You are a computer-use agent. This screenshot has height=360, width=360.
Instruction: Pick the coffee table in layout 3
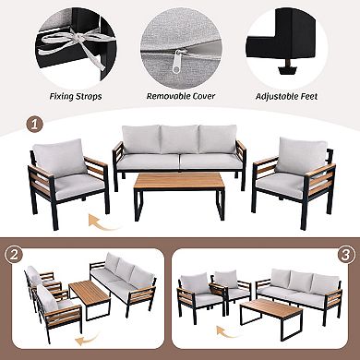[277, 312]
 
